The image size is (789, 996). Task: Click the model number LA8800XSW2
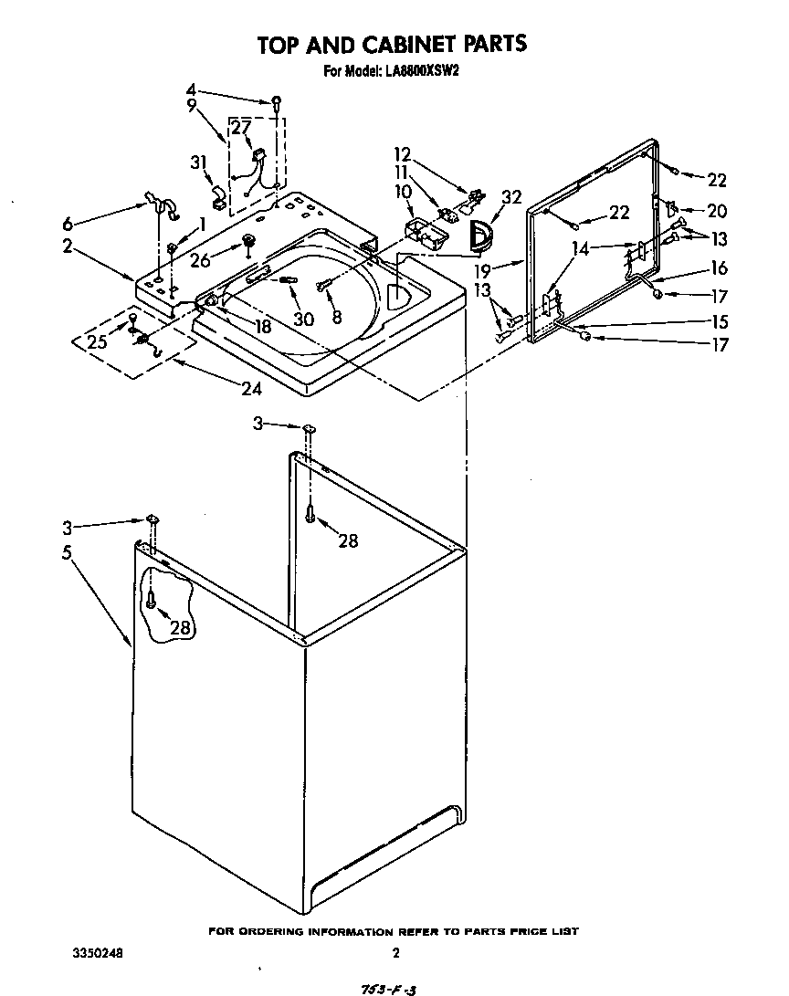tap(418, 69)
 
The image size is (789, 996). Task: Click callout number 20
tap(717, 211)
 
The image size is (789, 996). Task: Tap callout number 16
tap(719, 268)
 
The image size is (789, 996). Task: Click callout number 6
tap(66, 224)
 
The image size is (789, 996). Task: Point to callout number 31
tap(198, 162)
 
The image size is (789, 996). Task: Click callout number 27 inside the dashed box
tap(240, 128)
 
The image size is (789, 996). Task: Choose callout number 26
tap(200, 259)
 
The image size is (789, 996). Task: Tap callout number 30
tap(304, 319)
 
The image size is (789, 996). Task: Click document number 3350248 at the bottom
tap(98, 953)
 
